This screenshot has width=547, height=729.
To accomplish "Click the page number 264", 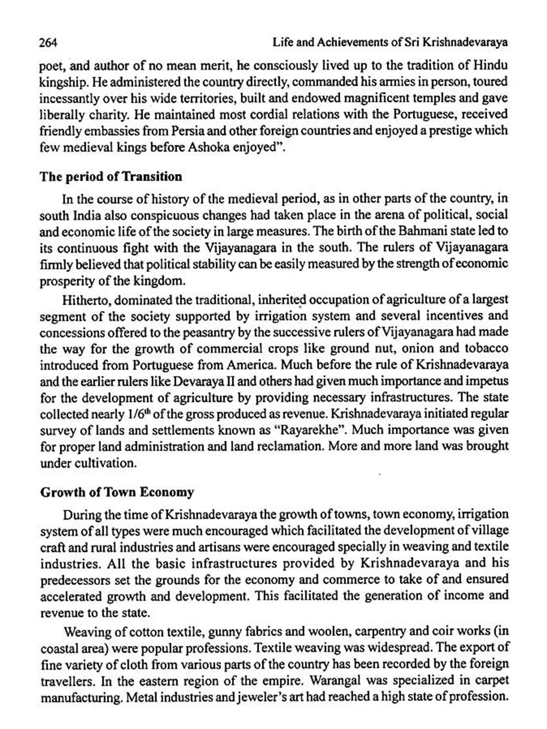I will pos(49,43).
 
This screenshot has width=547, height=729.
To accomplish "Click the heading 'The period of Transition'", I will pos(111,177).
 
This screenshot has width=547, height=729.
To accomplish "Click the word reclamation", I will pos(290,447).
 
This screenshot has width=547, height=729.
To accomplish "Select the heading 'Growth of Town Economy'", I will pos(117,492).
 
